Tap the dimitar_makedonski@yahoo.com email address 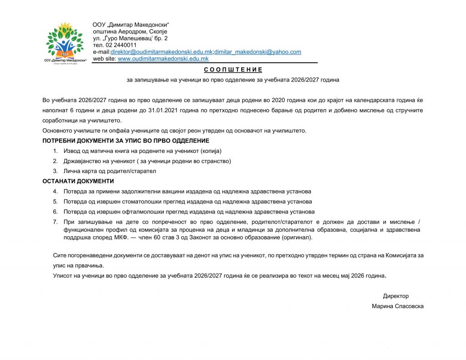tap(258, 52)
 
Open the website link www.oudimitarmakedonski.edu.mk tap(163, 59)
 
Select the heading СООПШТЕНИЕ tap(233, 70)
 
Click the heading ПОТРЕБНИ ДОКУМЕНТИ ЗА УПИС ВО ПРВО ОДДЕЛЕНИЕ tap(126, 141)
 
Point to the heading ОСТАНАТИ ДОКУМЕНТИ tap(78, 181)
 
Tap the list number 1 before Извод tap(55, 151)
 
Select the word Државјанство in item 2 tap(82, 161)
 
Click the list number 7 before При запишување tap(55, 222)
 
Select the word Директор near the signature tap(395, 296)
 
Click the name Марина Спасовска tap(397, 306)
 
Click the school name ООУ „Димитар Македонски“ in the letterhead tap(131, 25)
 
